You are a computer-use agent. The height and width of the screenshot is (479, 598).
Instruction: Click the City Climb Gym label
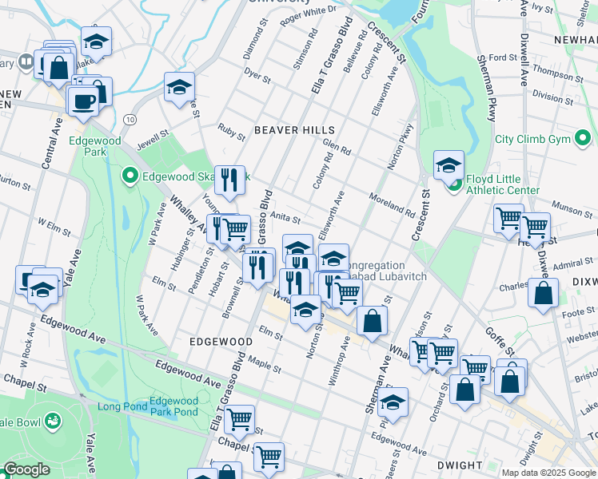tap(541, 139)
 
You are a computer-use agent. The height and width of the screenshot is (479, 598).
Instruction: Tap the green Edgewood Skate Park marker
tap(129, 174)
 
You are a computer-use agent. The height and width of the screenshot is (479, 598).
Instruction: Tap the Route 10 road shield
tap(130, 118)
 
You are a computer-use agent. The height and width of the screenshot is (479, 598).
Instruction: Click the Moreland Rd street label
tap(392, 206)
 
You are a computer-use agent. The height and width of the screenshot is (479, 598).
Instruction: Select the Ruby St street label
tap(232, 131)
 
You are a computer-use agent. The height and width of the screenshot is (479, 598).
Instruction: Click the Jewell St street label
tap(153, 128)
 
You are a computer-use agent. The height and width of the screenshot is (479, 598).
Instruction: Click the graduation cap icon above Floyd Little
tap(449, 164)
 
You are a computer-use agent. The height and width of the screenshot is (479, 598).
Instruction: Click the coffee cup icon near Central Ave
tap(84, 101)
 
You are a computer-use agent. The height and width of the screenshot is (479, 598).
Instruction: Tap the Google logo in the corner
tap(26, 469)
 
